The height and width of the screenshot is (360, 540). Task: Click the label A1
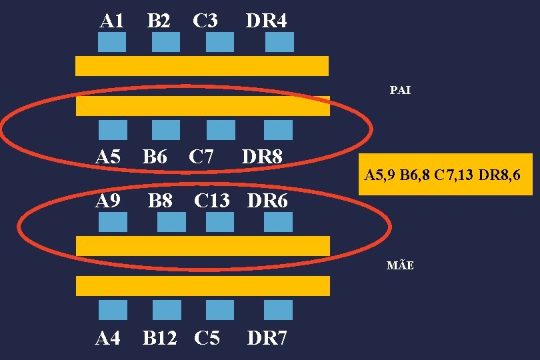[111, 21]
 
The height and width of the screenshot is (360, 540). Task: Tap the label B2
[158, 21]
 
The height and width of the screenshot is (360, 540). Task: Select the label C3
[205, 21]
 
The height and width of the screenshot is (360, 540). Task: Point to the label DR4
[266, 21]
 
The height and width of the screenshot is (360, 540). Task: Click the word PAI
[400, 89]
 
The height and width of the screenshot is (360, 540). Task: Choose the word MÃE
[400, 265]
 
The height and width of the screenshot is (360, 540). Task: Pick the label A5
[108, 157]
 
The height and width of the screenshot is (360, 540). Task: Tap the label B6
[155, 157]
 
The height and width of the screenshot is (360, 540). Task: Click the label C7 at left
[201, 157]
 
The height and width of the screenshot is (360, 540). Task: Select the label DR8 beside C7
[263, 157]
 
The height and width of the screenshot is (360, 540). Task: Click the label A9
[108, 200]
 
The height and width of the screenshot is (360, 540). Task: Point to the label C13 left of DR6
[211, 200]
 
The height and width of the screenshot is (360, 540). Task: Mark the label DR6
[267, 200]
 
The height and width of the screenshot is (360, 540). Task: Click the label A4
[108, 339]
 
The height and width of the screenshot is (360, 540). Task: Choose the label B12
[159, 339]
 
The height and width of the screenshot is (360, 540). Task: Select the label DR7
[267, 339]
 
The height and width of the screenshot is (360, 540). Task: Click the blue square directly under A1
[112, 42]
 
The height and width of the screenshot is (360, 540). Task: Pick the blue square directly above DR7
[279, 310]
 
